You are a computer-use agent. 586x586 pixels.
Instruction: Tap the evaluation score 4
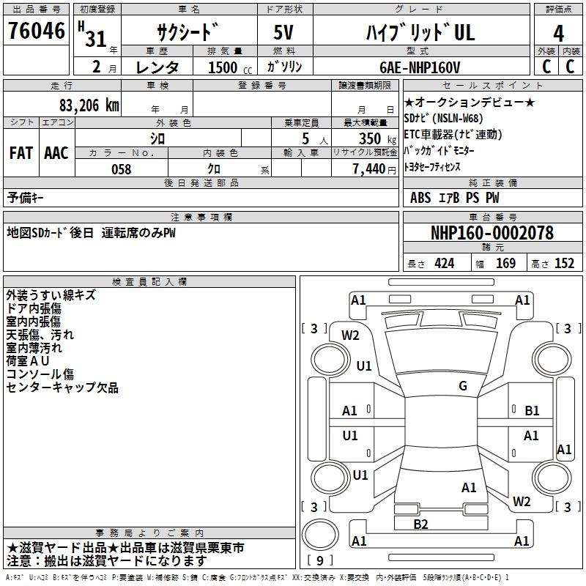click(x=558, y=34)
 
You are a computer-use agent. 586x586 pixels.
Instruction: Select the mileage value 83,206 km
click(x=89, y=105)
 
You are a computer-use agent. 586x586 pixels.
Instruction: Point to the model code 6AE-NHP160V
click(x=420, y=67)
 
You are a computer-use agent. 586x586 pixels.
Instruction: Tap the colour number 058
click(x=121, y=168)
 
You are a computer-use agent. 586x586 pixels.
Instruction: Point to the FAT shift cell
click(x=21, y=153)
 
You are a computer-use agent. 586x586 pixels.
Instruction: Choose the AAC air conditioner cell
click(x=56, y=153)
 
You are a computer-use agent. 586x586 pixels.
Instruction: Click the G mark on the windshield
click(x=462, y=386)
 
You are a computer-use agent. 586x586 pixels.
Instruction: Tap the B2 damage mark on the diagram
click(x=420, y=524)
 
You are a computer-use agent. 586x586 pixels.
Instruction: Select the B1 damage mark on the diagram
click(x=532, y=411)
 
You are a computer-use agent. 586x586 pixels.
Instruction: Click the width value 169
click(x=505, y=264)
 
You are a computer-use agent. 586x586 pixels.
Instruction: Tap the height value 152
click(x=564, y=264)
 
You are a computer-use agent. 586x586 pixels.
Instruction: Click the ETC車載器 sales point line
click(x=453, y=134)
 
